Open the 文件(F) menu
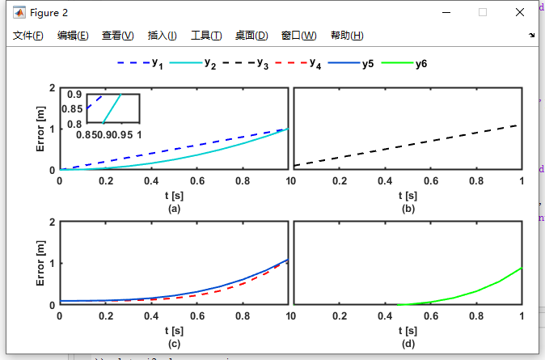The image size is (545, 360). [x=28, y=36]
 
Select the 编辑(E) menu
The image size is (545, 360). [x=73, y=36]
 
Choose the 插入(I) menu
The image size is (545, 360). [x=162, y=36]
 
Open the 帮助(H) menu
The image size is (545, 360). [x=347, y=36]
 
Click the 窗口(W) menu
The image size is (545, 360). [x=298, y=36]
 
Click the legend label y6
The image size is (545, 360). [x=421, y=64]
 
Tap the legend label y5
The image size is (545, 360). [x=367, y=64]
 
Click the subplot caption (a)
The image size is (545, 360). [x=174, y=209]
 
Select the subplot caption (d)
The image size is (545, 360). [x=408, y=344]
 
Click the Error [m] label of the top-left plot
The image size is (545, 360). [x=40, y=129]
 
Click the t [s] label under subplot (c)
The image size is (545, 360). [x=174, y=331]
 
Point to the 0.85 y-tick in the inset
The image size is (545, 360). [x=72, y=109]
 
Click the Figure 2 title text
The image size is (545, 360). [x=50, y=13]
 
